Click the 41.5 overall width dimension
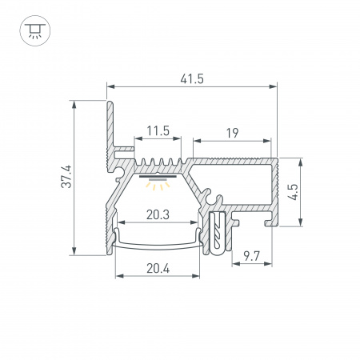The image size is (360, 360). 192,79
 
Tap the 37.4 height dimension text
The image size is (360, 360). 66,177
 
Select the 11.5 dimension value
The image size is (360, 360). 158,130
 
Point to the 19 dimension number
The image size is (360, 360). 232,133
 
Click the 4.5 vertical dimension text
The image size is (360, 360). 293,192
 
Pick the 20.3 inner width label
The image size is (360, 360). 158,214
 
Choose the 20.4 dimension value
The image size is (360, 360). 158,269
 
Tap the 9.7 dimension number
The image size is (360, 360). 252,256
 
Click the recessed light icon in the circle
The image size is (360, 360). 35,30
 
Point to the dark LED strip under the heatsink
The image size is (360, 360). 158,176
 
